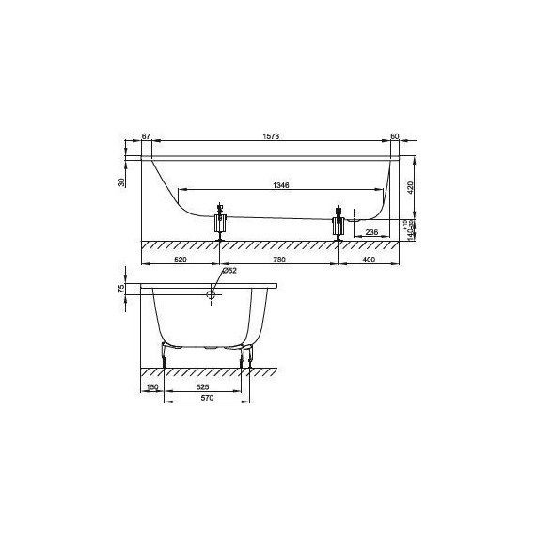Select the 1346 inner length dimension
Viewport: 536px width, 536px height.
tap(280, 186)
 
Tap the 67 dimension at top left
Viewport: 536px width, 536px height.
tap(147, 137)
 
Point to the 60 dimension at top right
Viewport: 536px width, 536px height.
tap(394, 137)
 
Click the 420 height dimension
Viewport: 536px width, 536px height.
tap(410, 186)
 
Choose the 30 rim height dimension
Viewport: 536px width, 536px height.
tap(123, 181)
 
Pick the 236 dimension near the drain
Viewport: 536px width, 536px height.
tap(371, 231)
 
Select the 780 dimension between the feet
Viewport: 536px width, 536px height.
tap(279, 258)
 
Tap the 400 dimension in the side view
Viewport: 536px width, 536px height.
tap(368, 258)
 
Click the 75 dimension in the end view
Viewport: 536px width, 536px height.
tap(123, 289)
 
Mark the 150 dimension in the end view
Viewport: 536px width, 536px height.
tap(152, 386)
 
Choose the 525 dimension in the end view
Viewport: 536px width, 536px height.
tap(202, 386)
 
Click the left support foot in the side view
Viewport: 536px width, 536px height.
tap(221, 223)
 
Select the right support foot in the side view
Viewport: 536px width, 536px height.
tap(338, 225)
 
